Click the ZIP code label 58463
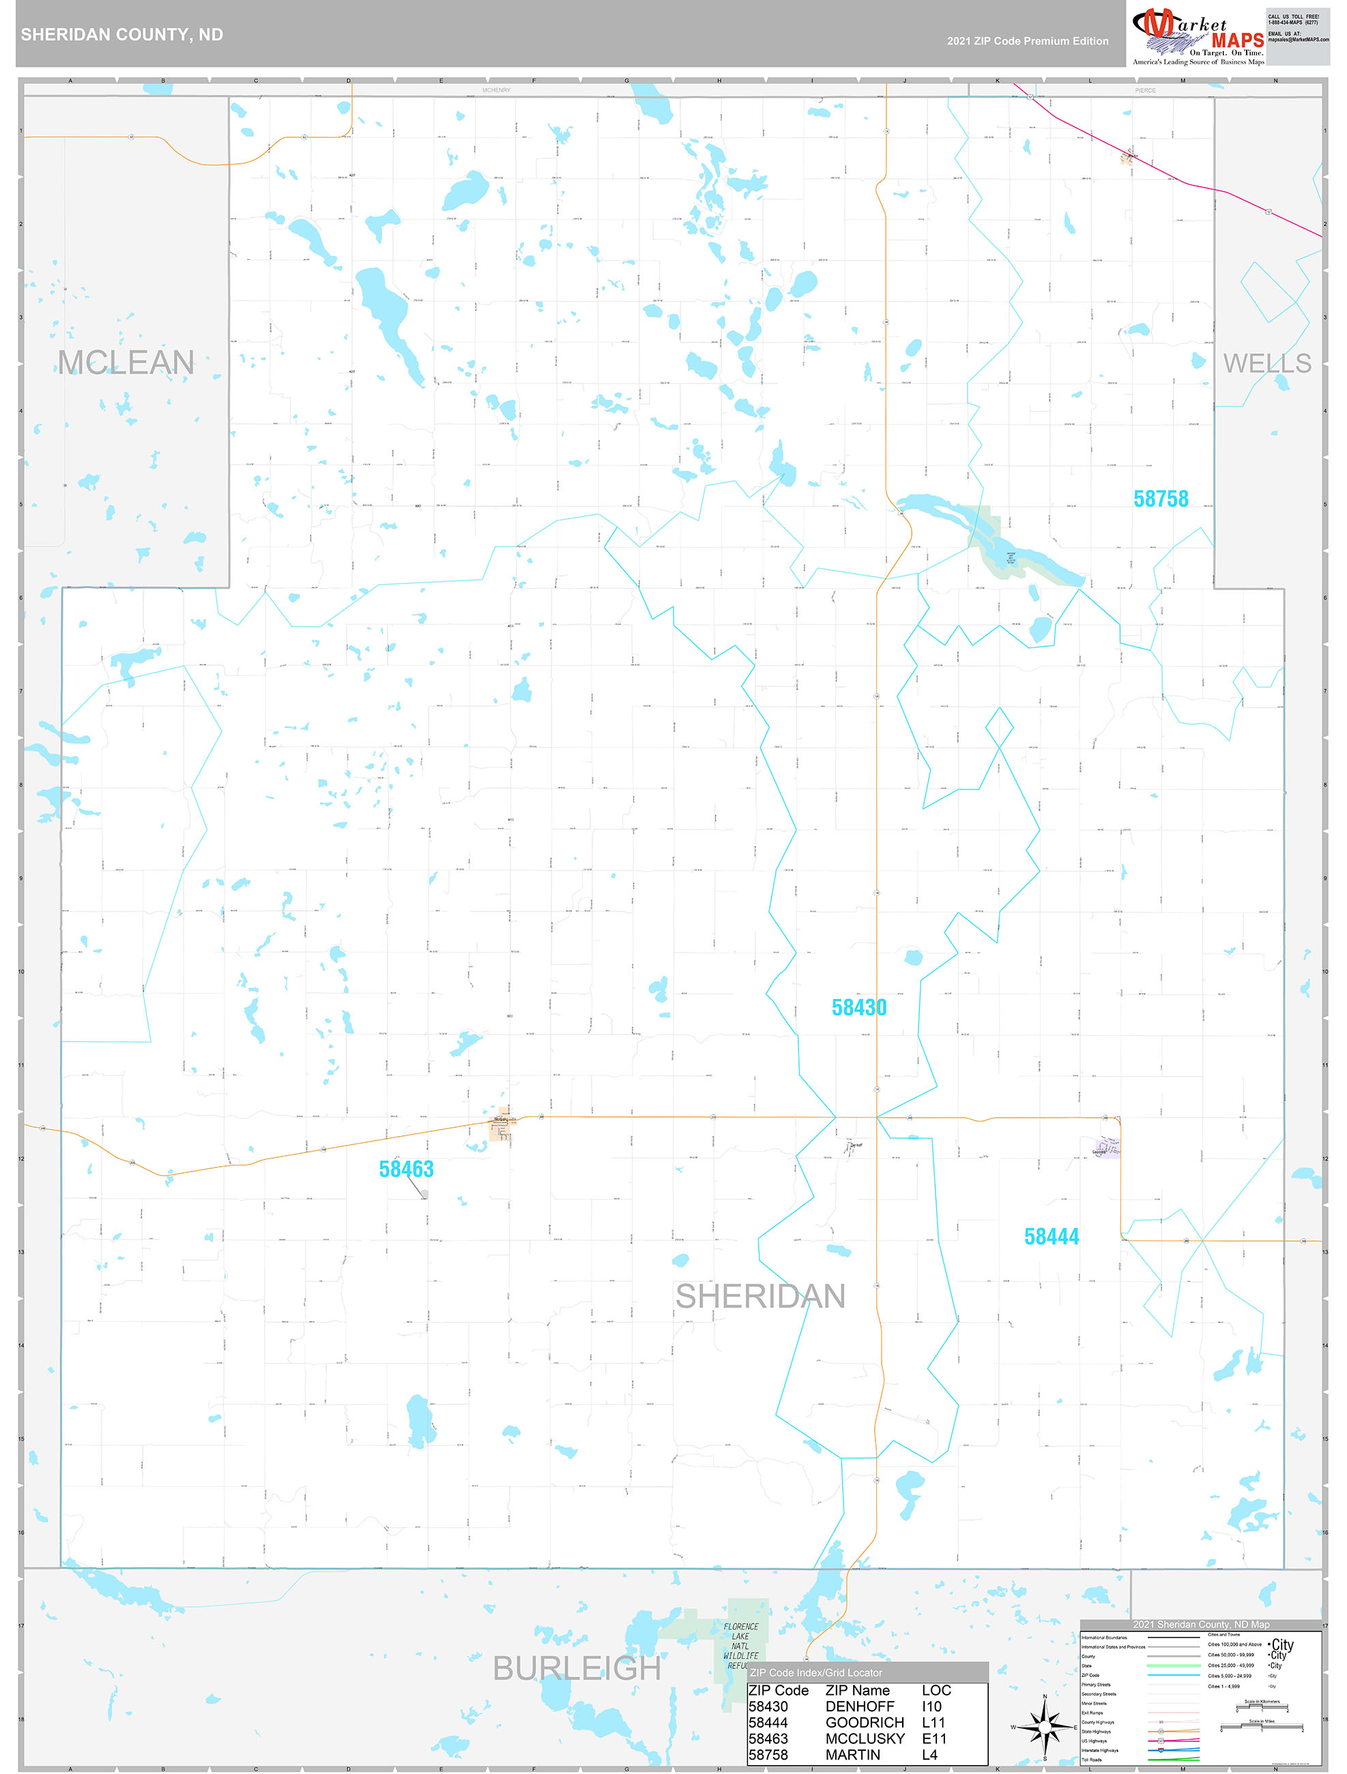pyautogui.click(x=406, y=1169)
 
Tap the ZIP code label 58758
pyautogui.click(x=1160, y=499)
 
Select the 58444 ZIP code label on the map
pyautogui.click(x=1051, y=1236)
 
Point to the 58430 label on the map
pyautogui.click(x=858, y=1007)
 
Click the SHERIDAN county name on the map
pyautogui.click(x=759, y=1297)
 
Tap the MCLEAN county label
pyautogui.click(x=126, y=362)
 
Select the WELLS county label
pyautogui.click(x=1266, y=363)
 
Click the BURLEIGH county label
pyautogui.click(x=576, y=1668)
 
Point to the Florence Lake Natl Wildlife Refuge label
pyautogui.click(x=740, y=1646)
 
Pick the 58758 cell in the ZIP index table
pyautogui.click(x=768, y=1755)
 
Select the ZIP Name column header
pyautogui.click(x=857, y=1690)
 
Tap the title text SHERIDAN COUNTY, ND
pyautogui.click(x=122, y=35)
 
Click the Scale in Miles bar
pyautogui.click(x=1263, y=1728)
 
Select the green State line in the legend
pyautogui.click(x=1173, y=1666)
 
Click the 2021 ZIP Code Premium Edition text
pyautogui.click(x=1027, y=41)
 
